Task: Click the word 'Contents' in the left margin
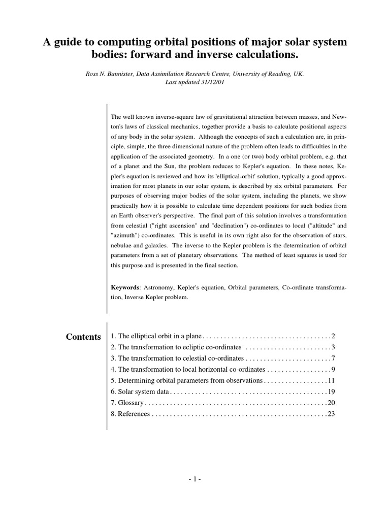point(84,337)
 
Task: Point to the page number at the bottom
point(194,478)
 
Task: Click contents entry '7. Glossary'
point(127,403)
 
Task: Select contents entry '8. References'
point(130,414)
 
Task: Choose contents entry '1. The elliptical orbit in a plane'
point(156,336)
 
